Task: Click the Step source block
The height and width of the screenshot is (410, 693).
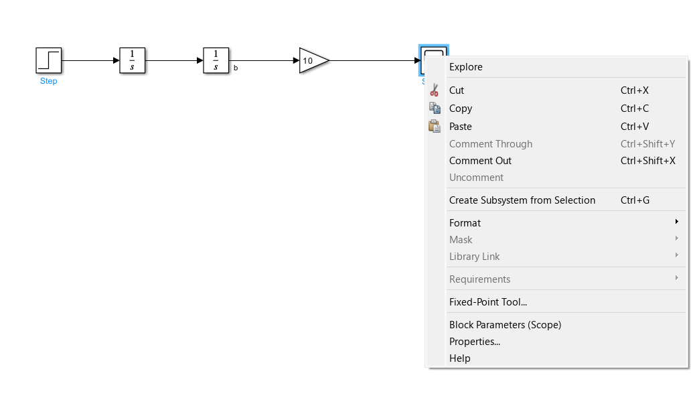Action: click(x=48, y=60)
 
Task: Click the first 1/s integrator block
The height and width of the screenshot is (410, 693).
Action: click(x=132, y=60)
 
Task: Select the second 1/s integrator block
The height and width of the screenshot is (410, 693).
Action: click(x=216, y=60)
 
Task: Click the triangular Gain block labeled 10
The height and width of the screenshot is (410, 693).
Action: click(x=312, y=60)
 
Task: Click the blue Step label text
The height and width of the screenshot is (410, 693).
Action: click(x=48, y=81)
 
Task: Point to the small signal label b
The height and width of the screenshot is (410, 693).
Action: click(x=236, y=68)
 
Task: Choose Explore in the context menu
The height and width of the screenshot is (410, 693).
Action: click(x=466, y=67)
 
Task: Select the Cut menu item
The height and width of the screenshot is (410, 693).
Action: click(x=457, y=90)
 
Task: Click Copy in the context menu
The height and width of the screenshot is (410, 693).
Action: click(x=461, y=109)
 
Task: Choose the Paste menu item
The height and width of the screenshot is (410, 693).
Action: click(x=461, y=127)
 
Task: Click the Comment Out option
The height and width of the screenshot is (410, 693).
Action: click(x=480, y=161)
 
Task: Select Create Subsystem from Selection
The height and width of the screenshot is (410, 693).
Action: click(x=522, y=200)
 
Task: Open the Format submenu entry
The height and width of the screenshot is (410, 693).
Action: click(x=465, y=223)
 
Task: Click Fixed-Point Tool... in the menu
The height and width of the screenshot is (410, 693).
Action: click(x=488, y=302)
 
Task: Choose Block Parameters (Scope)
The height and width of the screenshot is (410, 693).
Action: click(x=505, y=325)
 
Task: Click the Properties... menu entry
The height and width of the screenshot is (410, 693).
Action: click(x=475, y=342)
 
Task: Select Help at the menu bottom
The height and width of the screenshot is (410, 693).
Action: click(x=460, y=358)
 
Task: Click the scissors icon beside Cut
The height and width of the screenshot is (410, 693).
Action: click(x=435, y=90)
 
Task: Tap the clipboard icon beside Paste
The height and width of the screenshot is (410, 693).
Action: click(x=435, y=126)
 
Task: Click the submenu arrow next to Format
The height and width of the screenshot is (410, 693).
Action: click(x=677, y=222)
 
